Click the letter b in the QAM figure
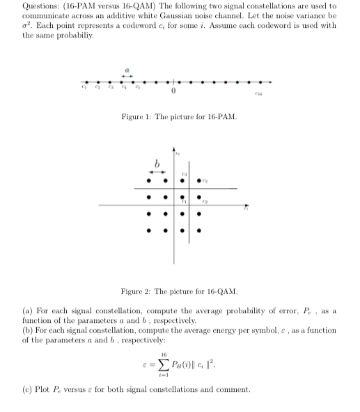coord(157,163)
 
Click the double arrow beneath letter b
coord(157,171)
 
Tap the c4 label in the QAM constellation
coord(185,174)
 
